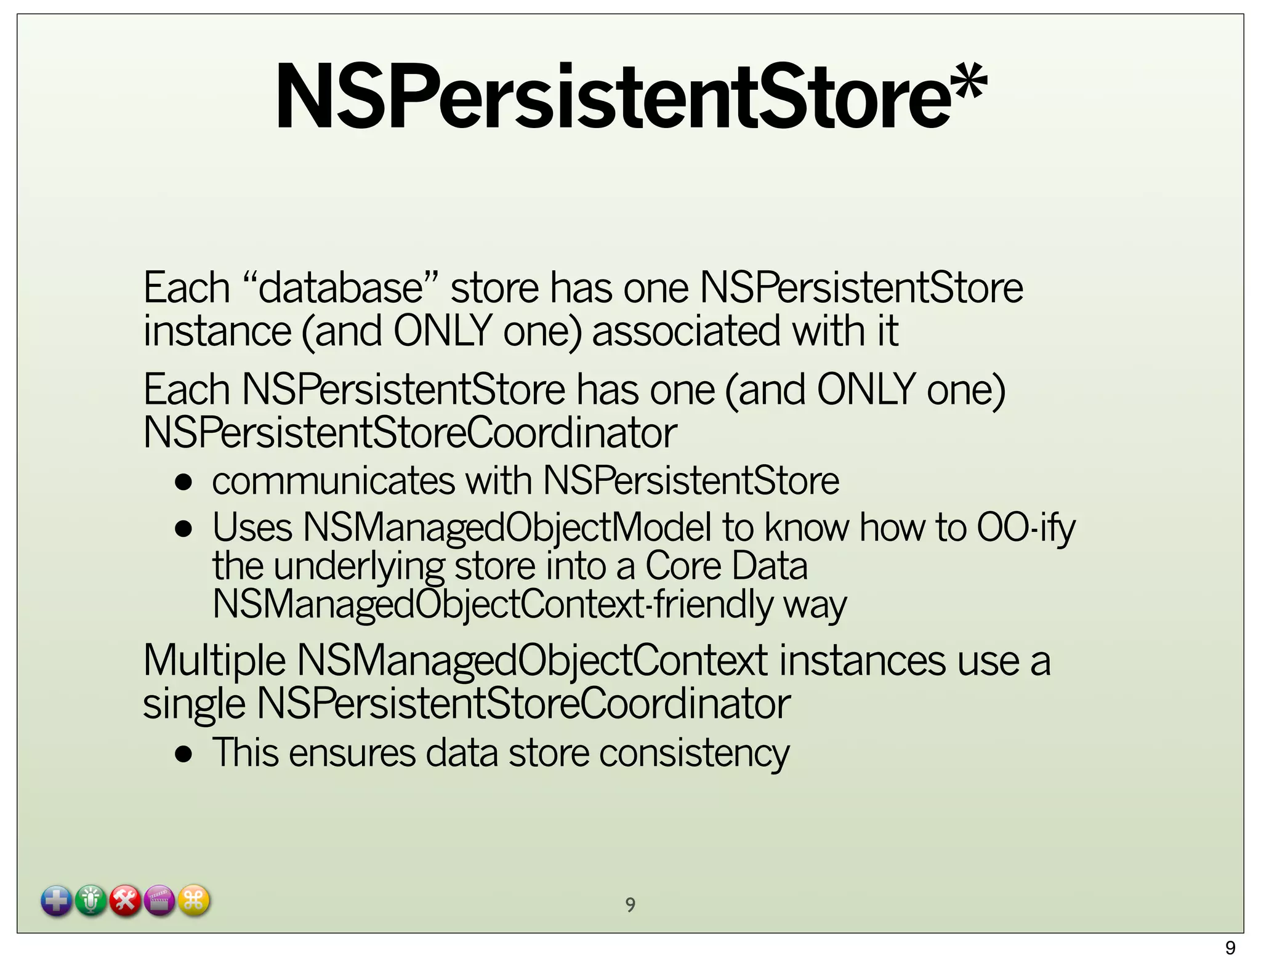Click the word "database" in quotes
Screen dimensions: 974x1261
340,288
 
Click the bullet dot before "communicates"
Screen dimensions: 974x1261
183,482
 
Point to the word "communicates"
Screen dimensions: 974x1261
332,481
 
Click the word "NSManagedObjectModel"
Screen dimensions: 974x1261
506,528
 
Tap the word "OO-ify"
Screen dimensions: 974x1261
1025,528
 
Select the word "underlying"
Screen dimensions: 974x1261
358,566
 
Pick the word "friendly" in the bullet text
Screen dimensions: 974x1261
713,604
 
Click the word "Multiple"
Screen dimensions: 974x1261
214,661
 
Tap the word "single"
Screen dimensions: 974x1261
194,704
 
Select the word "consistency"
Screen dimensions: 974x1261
694,753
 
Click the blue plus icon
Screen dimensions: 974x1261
57,901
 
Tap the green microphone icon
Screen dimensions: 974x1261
91,901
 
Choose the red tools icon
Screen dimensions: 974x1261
126,901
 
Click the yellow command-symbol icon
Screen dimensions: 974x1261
194,901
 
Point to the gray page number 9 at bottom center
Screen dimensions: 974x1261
630,904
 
